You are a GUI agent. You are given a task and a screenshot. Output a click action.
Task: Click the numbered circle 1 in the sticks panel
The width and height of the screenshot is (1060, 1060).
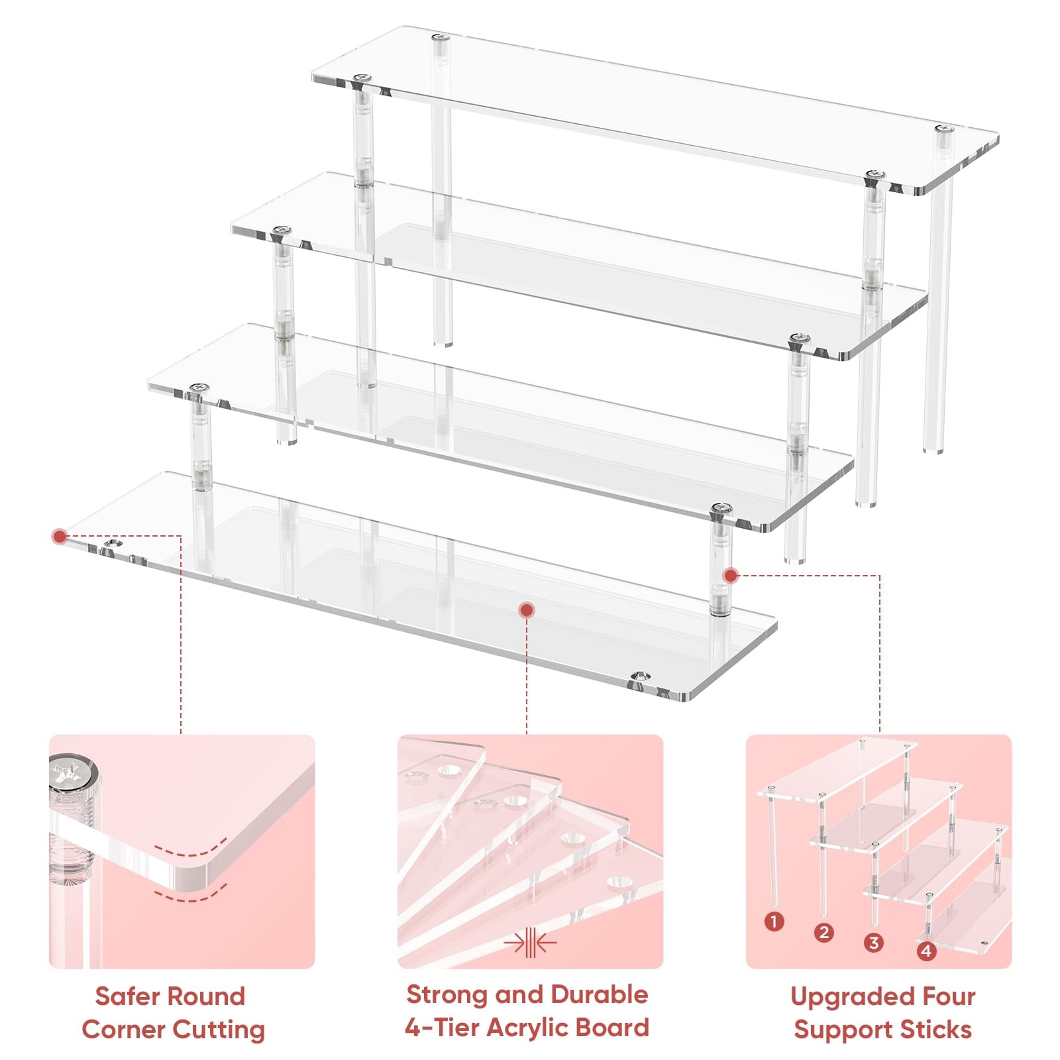click(x=774, y=922)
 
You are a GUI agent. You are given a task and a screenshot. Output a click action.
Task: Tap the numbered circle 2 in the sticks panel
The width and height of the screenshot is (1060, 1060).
click(x=823, y=933)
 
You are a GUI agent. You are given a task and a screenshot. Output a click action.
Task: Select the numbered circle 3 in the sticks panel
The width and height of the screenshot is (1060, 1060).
click(x=874, y=943)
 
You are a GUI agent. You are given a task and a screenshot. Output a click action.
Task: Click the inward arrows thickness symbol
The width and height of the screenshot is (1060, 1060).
click(x=529, y=942)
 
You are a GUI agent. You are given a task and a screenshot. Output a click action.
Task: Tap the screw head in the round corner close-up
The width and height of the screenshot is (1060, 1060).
click(x=74, y=774)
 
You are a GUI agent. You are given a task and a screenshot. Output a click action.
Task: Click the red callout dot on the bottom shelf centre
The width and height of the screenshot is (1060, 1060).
click(x=527, y=609)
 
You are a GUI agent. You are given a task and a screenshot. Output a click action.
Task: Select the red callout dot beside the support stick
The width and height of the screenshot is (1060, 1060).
click(x=731, y=575)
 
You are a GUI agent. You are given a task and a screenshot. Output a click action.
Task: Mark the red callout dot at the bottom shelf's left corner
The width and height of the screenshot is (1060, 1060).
click(x=60, y=537)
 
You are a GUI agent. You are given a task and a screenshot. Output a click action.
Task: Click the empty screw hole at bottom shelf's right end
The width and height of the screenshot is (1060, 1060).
click(x=640, y=676)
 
